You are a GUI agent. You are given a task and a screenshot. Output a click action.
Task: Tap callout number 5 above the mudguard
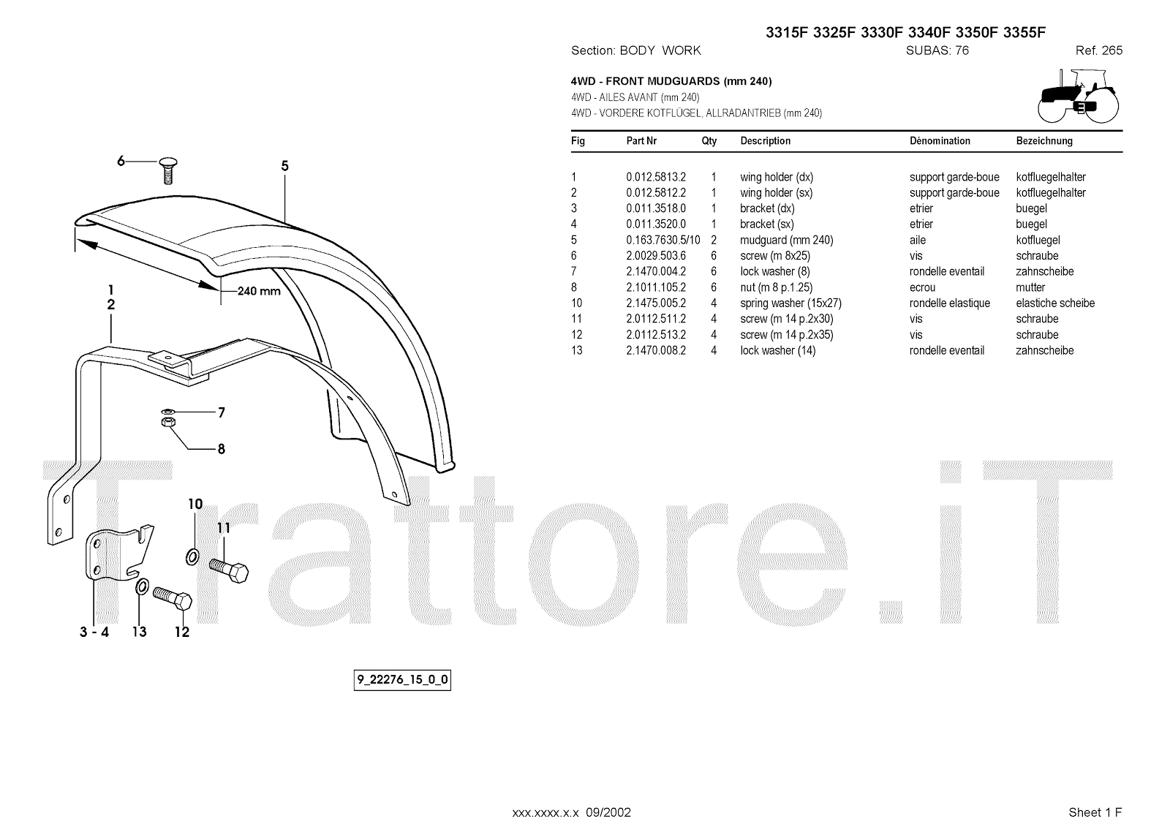[x=285, y=167]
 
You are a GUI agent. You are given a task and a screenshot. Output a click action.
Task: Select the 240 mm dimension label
[x=259, y=291]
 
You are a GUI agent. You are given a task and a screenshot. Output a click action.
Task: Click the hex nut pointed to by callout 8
[x=167, y=422]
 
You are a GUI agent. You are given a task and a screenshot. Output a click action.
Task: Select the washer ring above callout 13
[x=142, y=587]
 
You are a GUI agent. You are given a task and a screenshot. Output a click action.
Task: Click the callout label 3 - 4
[x=94, y=632]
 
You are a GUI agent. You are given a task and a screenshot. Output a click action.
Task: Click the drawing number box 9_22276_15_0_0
[x=402, y=681]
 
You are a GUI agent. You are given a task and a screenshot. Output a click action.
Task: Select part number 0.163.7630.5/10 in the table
[x=663, y=240]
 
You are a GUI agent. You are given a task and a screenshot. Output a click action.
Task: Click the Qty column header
[x=709, y=140]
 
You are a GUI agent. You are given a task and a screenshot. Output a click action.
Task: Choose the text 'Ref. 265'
[x=1098, y=50]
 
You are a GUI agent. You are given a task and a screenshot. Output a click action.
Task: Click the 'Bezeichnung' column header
[x=1044, y=140]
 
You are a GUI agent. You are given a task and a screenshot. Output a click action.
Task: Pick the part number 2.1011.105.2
[x=656, y=287]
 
